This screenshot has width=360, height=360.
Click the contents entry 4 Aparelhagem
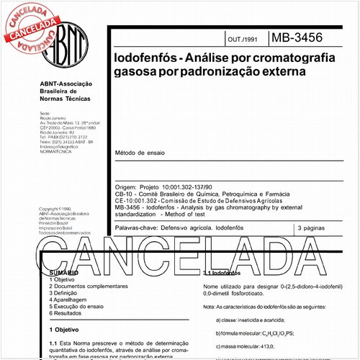click(x=67, y=299)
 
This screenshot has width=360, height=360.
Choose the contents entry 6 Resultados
click(x=65, y=313)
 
